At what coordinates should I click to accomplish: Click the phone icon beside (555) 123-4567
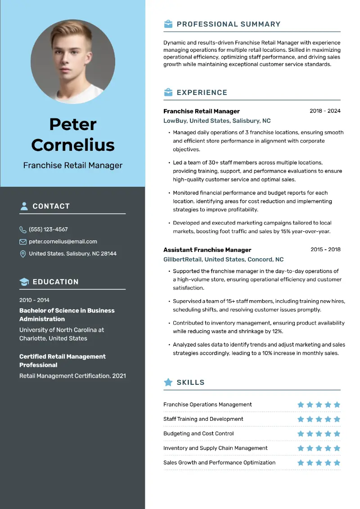pos(23,230)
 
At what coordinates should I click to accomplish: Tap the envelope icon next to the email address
pos(23,242)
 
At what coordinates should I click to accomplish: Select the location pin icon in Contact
pos(23,254)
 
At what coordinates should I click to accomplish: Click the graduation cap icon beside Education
pos(24,282)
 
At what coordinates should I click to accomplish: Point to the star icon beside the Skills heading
pos(168,382)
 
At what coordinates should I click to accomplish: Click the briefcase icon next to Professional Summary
pos(168,24)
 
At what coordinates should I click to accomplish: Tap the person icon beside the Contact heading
pos(24,206)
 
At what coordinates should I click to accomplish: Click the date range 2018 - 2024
pos(325,111)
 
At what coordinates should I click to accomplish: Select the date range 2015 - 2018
pos(325,249)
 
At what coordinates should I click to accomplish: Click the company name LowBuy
pos(175,121)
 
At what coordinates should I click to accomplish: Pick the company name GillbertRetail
pos(182,260)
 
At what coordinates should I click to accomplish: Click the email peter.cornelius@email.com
pos(63,242)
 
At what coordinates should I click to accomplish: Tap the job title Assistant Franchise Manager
pos(207,250)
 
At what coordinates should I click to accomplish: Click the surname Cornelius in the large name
pos(73,145)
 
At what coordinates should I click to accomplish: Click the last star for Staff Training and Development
pos(337,419)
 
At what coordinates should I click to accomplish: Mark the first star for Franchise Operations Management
pos(301,405)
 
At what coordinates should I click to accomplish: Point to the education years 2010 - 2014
pos(34,300)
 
